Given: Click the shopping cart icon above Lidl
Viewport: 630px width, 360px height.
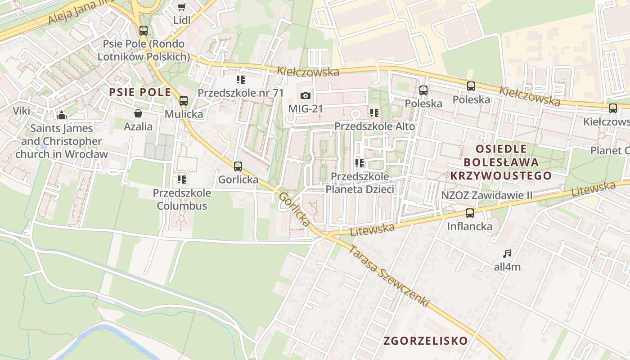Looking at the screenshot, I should pyautogui.click(x=181, y=7).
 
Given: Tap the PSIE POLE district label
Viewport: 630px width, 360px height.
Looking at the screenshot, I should pyautogui.click(x=140, y=93).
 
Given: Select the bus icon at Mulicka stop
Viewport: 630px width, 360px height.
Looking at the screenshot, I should pyautogui.click(x=184, y=101).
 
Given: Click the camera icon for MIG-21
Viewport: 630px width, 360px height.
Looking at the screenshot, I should pyautogui.click(x=305, y=95).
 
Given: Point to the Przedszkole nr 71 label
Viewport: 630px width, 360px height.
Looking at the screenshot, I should pyautogui.click(x=241, y=93).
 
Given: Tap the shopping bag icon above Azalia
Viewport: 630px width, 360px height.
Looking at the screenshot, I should pyautogui.click(x=138, y=113).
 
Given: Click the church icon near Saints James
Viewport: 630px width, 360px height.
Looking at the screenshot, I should pyautogui.click(x=62, y=115).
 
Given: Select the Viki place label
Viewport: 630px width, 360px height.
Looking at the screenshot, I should pyautogui.click(x=21, y=111).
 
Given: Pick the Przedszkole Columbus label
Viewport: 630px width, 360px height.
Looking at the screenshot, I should pyautogui.click(x=182, y=199).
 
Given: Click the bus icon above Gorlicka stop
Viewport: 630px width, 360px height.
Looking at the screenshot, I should pyautogui.click(x=238, y=166).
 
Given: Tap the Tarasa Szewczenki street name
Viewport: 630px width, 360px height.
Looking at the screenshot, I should pyautogui.click(x=388, y=276).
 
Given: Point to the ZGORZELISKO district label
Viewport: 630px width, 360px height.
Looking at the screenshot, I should pyautogui.click(x=426, y=341).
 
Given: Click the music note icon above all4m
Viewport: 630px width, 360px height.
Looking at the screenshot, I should pyautogui.click(x=507, y=254).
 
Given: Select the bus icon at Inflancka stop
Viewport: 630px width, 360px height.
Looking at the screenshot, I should pyautogui.click(x=470, y=213).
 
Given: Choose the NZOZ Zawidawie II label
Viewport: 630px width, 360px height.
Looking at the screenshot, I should pyautogui.click(x=487, y=195).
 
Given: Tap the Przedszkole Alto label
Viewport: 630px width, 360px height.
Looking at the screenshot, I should pyautogui.click(x=375, y=126).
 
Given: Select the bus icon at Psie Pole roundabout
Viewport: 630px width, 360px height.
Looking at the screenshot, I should pyautogui.click(x=144, y=31).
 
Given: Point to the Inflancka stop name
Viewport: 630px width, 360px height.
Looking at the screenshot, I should pyautogui.click(x=470, y=226).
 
